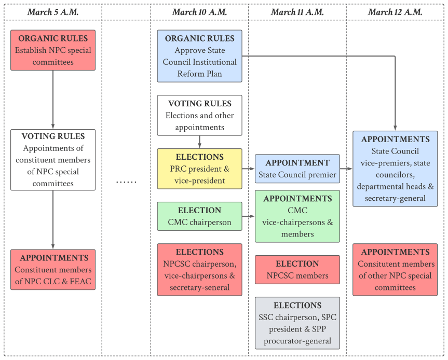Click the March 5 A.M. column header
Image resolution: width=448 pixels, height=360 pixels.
pos(53,12)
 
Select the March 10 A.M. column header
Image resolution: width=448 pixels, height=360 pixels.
pos(199,12)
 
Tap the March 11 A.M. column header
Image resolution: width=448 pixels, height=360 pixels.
pos(297,12)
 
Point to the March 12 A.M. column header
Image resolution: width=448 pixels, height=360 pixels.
pos(395,12)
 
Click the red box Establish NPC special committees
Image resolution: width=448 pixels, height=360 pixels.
pos(53,50)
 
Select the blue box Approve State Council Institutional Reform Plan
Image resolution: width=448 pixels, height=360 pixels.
pos(199,56)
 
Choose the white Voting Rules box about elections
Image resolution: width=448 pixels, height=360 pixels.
pos(199,115)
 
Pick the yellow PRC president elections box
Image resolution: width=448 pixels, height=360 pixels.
pos(199,169)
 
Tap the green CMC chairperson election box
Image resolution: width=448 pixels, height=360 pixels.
pos(199,216)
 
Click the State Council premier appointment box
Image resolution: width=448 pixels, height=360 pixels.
pos(297,169)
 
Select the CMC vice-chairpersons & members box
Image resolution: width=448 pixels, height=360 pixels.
pos(297,216)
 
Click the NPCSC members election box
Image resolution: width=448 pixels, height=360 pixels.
pos(297,270)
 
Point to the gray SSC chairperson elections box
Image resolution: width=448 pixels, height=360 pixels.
pos(297,323)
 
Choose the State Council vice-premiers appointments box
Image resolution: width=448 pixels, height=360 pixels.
pos(395,169)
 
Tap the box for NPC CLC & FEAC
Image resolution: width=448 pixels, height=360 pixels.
pos(53,270)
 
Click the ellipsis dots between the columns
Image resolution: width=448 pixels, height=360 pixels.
pos(126,182)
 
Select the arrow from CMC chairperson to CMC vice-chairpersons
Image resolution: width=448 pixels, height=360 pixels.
pos(249,216)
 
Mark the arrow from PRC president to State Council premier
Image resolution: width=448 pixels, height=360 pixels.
pos(249,169)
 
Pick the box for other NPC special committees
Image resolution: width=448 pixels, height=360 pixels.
pos(395,270)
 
